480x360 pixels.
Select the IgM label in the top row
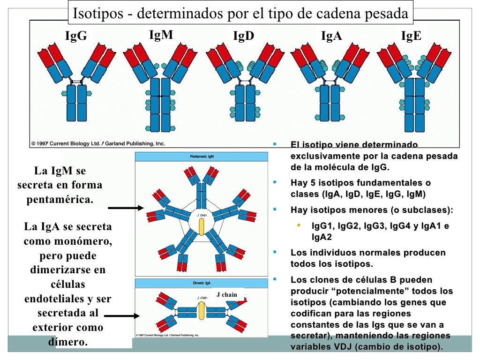161,35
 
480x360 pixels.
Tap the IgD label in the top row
243,37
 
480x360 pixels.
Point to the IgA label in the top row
331,37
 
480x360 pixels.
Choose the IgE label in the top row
411,37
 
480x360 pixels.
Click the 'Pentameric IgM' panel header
202,156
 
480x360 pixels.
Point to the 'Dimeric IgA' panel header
202,283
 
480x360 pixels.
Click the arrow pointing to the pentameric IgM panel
125,208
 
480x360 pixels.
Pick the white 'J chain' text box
227,294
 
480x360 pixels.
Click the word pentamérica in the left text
60,199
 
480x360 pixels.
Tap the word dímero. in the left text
68,342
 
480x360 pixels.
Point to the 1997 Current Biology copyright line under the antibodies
98,143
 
